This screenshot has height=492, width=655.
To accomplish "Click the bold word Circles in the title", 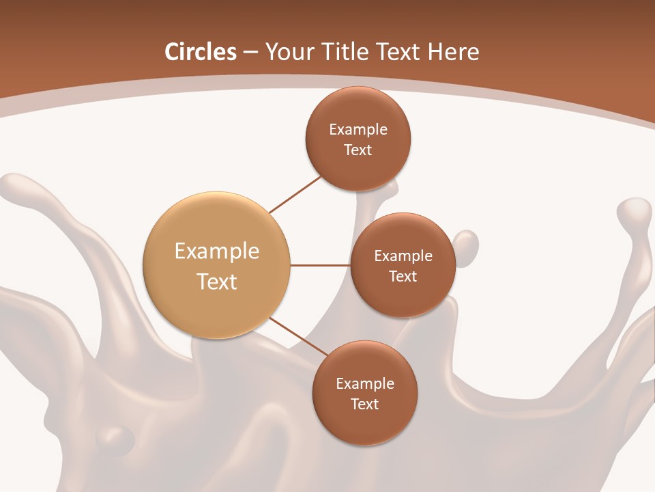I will [x=200, y=52].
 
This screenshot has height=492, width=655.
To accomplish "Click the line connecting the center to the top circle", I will [x=296, y=194].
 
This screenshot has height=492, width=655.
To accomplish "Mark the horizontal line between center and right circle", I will [x=320, y=265].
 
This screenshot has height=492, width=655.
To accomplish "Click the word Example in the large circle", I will [x=216, y=251].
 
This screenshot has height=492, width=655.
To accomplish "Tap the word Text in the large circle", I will [x=216, y=282].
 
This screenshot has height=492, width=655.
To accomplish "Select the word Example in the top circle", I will [x=358, y=129].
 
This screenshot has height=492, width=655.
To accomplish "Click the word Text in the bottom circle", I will [x=364, y=404].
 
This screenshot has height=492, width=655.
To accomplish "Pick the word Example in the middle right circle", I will [x=403, y=256].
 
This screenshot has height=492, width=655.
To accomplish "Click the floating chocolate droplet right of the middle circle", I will [x=465, y=244].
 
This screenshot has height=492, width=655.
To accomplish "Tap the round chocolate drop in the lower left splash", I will [x=116, y=437].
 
